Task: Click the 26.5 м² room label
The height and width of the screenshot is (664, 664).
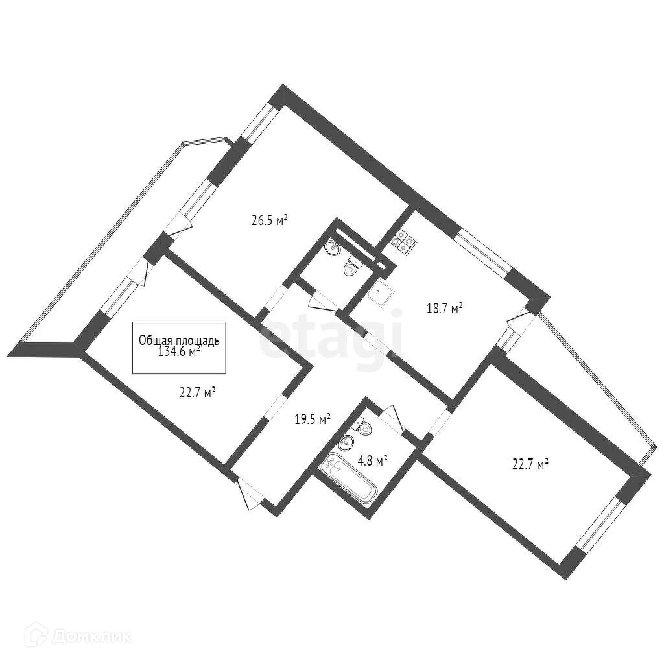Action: [x=269, y=220]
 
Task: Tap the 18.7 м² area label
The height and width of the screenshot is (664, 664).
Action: [x=444, y=309]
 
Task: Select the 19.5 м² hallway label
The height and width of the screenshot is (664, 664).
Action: [x=313, y=419]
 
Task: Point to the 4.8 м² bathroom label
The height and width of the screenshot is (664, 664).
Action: [x=372, y=460]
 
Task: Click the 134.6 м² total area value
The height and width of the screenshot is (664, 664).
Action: [x=179, y=352]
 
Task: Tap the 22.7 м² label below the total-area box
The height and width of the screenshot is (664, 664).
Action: [x=197, y=392]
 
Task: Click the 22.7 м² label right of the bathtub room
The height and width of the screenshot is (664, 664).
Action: [x=530, y=464]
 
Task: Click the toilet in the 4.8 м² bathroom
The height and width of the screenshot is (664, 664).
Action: [x=364, y=427]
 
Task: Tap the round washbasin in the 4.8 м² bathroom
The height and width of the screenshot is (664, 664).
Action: [x=345, y=444]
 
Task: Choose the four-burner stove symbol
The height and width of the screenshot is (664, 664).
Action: [x=402, y=242]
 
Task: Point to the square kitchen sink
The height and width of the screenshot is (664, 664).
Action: [x=379, y=293]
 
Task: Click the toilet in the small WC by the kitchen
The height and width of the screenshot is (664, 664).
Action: [x=353, y=267]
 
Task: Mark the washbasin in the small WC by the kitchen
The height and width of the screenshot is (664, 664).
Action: [x=333, y=247]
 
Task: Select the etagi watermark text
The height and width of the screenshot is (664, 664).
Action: [x=331, y=337]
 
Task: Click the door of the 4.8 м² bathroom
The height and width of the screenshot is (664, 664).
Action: [x=392, y=418]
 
